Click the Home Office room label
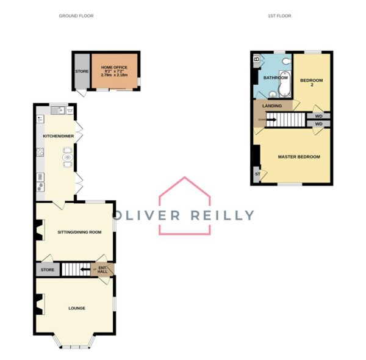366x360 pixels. [x=114, y=67]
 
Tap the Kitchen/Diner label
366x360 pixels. [x=59, y=136]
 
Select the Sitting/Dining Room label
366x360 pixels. [x=79, y=232]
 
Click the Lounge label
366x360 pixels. [x=77, y=308]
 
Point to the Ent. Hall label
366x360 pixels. [x=102, y=270]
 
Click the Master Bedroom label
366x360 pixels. [x=299, y=157]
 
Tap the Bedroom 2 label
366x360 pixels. [x=312, y=82]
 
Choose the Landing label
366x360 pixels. [x=272, y=106]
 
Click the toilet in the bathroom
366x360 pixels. [x=287, y=62]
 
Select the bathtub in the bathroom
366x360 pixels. [x=284, y=84]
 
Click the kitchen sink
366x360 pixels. [x=57, y=110]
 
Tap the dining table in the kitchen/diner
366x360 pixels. [x=68, y=157]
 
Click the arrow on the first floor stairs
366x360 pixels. [x=271, y=120]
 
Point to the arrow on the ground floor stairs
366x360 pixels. [x=85, y=270]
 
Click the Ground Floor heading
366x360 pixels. [x=76, y=16]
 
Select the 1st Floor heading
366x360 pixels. [x=279, y=16]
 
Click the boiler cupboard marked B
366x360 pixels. [x=257, y=59]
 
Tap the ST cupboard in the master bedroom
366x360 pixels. [x=257, y=174]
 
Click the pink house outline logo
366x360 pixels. [x=185, y=206]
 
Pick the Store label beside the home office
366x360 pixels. [x=82, y=71]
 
